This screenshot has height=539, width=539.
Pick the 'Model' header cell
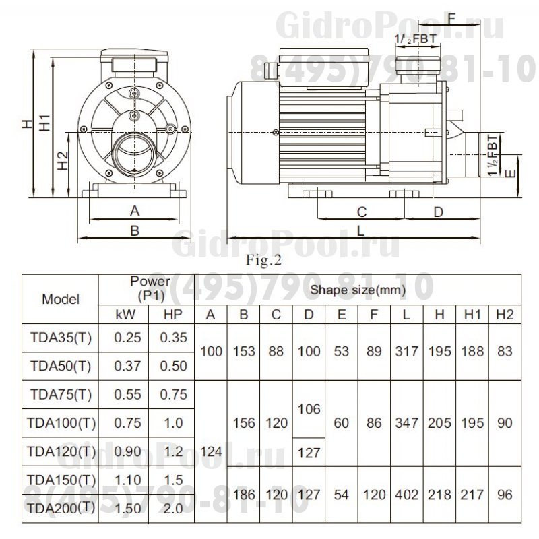tap(61, 299)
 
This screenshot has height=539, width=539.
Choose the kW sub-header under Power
tap(127, 314)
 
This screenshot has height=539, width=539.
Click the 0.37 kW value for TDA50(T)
tap(127, 366)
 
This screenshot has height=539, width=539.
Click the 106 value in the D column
tap(308, 409)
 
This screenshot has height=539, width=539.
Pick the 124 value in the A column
tap(210, 452)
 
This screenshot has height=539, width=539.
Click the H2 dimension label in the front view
tap(62, 162)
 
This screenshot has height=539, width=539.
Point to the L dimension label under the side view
tap(362, 230)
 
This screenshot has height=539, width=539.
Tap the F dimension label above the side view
tap(451, 18)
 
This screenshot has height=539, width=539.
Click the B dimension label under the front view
tap(134, 230)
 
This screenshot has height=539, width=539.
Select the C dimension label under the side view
tap(361, 212)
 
